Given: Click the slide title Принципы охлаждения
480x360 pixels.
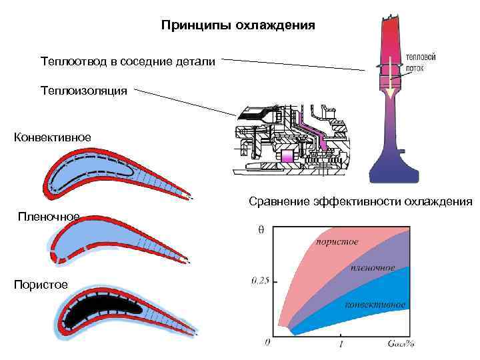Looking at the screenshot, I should click(x=238, y=26).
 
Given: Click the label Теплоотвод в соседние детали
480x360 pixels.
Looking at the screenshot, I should click(x=127, y=62).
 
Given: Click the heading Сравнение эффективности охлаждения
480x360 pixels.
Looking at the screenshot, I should click(x=360, y=201).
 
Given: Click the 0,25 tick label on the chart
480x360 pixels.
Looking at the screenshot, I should click(x=260, y=281).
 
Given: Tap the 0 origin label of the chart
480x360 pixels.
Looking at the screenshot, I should click(x=267, y=343).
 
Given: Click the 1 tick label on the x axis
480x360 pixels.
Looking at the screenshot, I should click(x=342, y=344).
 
